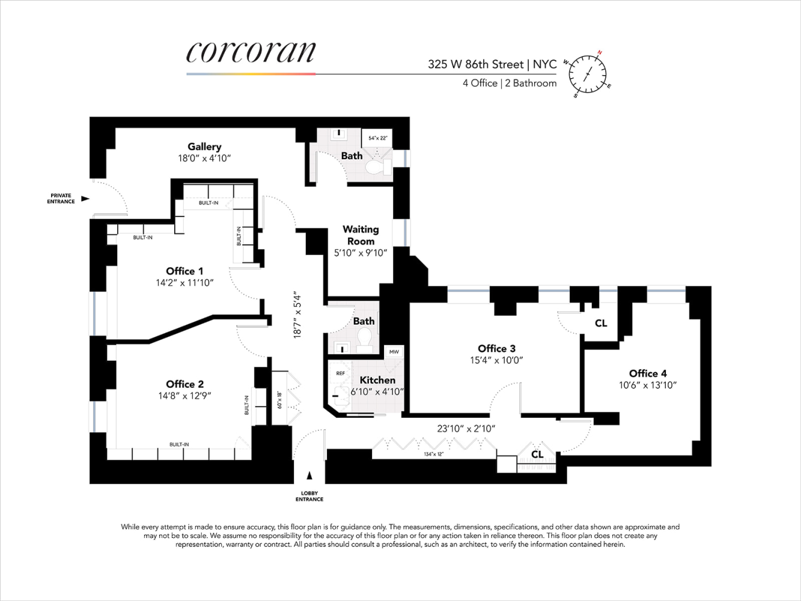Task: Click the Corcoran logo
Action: point(251,52)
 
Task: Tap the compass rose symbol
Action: point(587,74)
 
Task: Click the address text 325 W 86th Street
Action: point(475,64)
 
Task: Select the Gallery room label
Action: point(204,147)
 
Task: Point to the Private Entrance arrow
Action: point(85,198)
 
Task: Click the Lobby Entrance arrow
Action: point(309,476)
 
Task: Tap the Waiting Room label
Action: point(361,235)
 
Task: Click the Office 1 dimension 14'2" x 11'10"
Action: point(184,283)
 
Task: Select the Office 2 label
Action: point(184,384)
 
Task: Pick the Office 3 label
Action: point(496,349)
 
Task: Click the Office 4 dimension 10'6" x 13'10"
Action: point(648,385)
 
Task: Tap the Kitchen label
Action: point(377,380)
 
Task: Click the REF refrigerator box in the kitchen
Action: point(340,373)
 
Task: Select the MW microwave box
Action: point(394,352)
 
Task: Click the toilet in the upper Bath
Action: point(376,166)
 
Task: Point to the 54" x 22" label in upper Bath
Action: point(377,138)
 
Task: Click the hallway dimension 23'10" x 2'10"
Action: point(466,429)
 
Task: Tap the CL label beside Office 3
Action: point(601,323)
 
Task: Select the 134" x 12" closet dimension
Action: point(433,454)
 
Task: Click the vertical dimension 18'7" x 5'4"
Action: point(297,315)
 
